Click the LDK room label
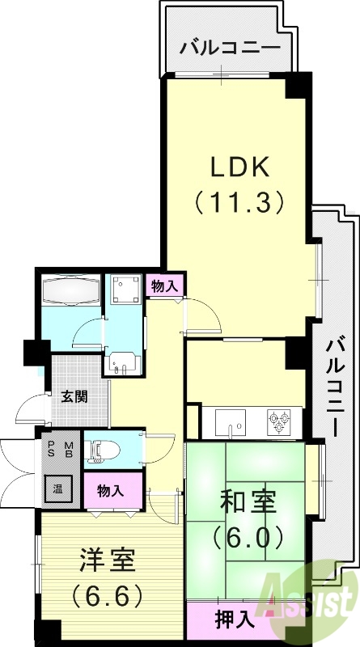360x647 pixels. point(239,167)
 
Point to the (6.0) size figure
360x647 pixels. point(247,536)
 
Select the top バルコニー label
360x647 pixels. point(231,46)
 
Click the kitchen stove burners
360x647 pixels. point(281,419)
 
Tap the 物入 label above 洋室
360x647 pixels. point(110,490)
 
